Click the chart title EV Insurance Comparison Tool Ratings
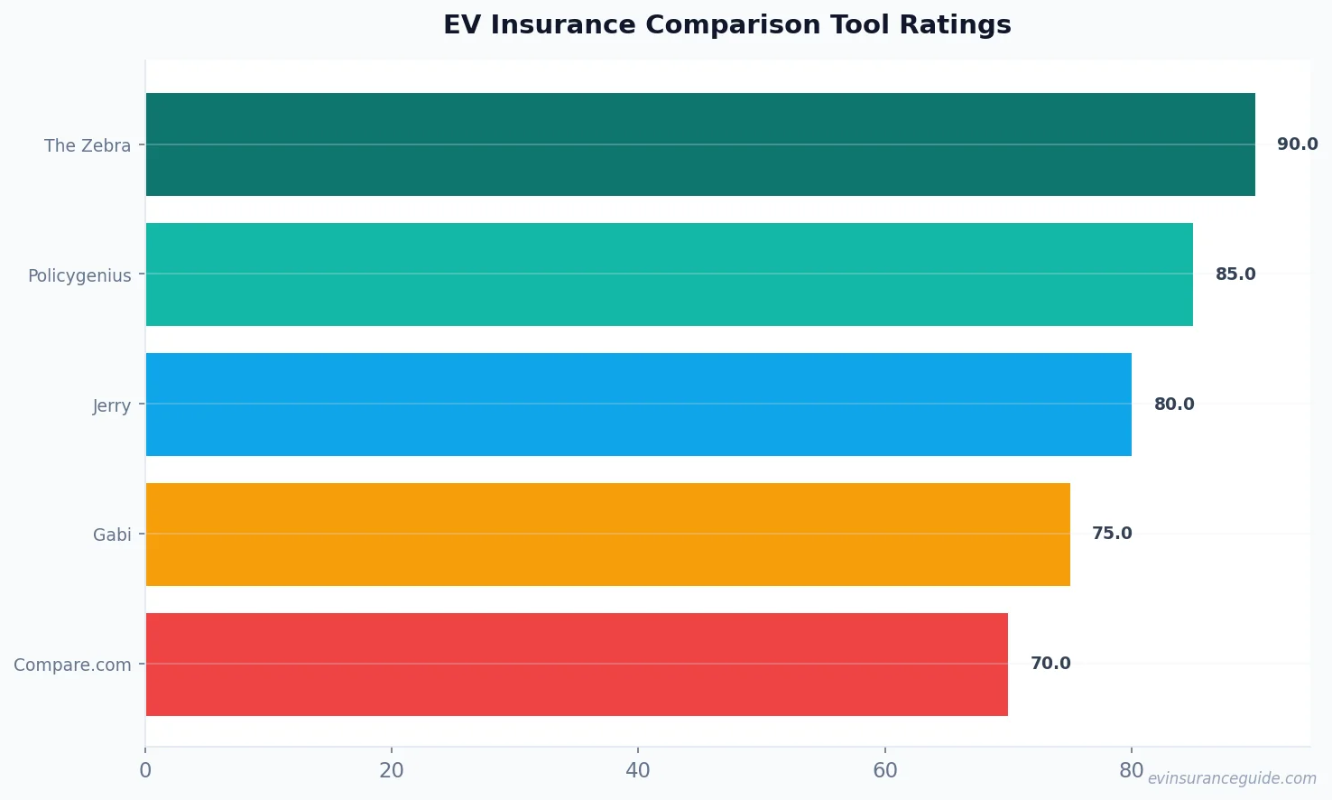point(726,24)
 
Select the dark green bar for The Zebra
point(700,144)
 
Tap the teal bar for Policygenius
point(669,274)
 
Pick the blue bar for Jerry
point(638,405)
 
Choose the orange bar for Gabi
point(607,535)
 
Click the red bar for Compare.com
point(577,665)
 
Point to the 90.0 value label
point(1297,144)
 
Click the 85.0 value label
point(1235,274)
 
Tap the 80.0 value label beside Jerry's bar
point(1173,405)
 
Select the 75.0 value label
point(1112,534)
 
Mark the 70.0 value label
point(1050,664)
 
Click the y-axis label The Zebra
point(88,145)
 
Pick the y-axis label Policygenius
point(79,275)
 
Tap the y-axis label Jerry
point(112,405)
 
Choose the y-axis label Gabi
point(112,535)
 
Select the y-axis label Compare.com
point(72,665)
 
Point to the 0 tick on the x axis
point(145,770)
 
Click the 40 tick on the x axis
point(638,770)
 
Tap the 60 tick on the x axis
point(885,770)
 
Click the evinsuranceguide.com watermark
point(1232,778)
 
